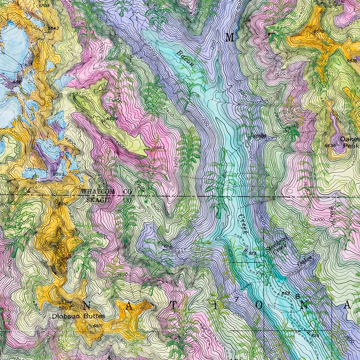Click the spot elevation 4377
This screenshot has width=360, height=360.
coord(78,94)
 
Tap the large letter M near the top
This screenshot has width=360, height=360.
coord(230,38)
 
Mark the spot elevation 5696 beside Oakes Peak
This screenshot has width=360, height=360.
coord(330,146)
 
